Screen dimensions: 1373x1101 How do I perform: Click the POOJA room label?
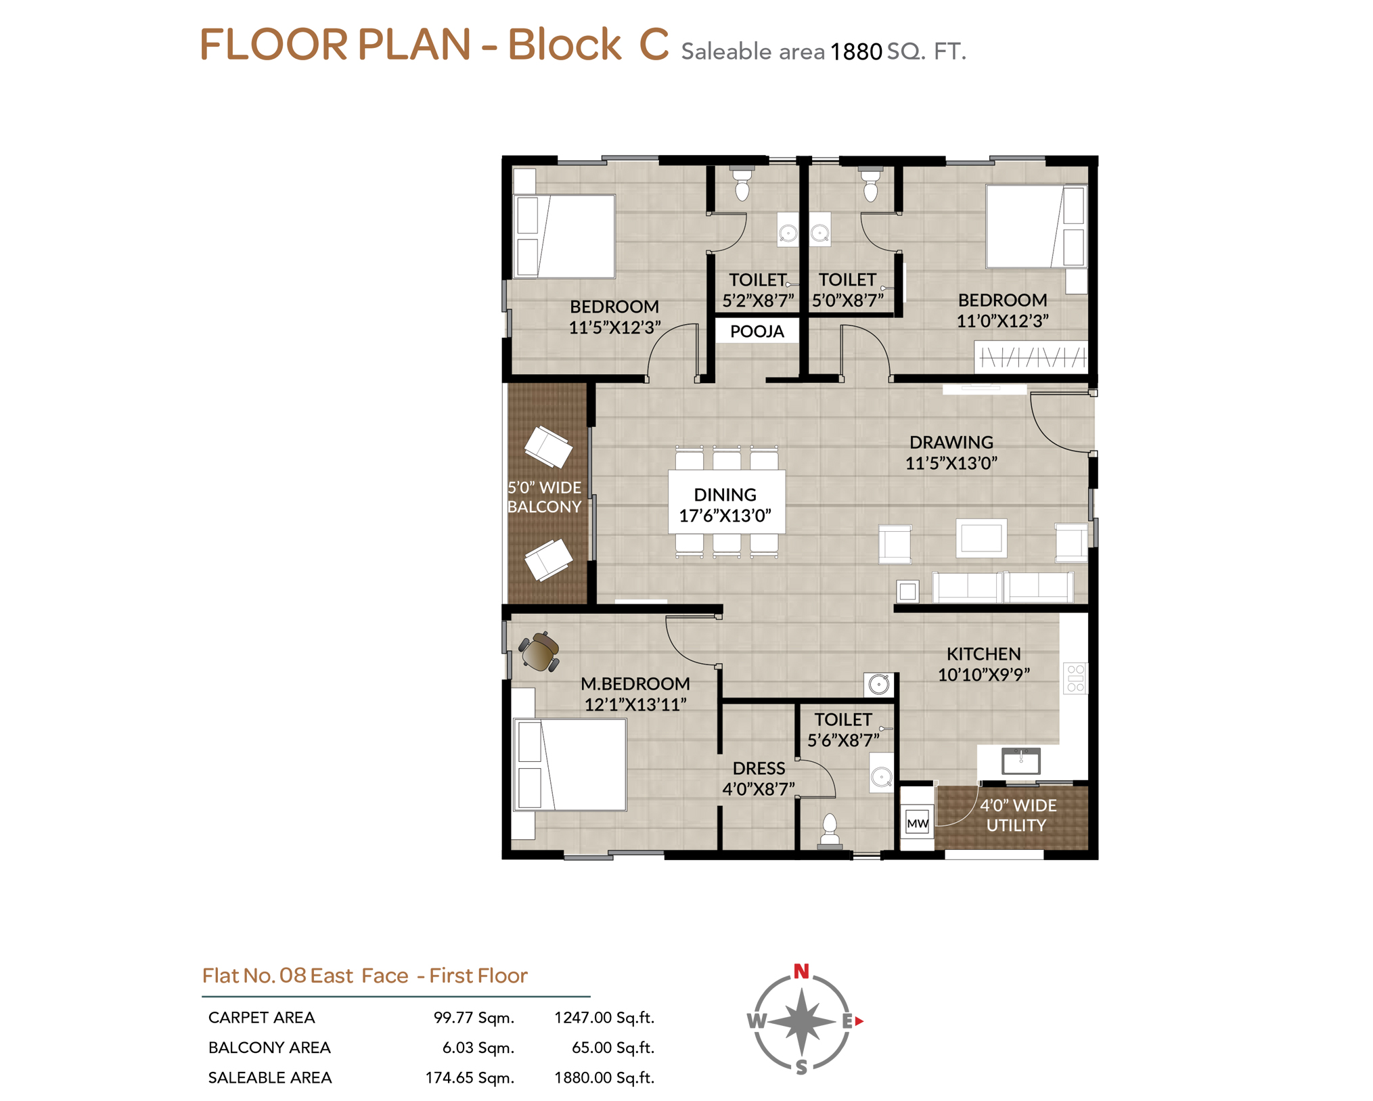point(757,332)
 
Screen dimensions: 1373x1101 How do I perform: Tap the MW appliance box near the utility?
point(917,823)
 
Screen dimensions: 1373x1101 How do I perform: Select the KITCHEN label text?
point(983,654)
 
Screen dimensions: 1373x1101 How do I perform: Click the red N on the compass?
point(801,971)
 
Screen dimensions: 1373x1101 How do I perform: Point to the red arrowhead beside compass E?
point(859,1021)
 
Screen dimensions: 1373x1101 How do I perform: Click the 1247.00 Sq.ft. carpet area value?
point(604,1018)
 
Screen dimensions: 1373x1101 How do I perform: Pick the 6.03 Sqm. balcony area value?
point(478,1048)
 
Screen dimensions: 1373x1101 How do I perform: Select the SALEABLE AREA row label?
point(270,1077)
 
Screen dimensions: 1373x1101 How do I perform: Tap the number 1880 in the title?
point(856,52)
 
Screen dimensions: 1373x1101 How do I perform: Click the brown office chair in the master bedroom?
point(539,652)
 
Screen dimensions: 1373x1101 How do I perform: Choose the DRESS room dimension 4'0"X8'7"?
point(759,789)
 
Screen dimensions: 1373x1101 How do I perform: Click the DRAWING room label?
point(951,442)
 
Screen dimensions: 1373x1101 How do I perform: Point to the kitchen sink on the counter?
point(1020,761)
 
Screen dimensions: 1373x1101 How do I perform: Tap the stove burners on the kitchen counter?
point(1075,678)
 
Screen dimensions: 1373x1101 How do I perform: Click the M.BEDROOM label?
point(635,683)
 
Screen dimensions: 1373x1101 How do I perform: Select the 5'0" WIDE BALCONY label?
point(544,497)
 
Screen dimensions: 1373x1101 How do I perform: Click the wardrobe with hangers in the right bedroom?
point(1031,357)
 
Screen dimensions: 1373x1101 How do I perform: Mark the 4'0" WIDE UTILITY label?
point(1017,815)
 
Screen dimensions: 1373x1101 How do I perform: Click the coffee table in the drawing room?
point(981,538)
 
